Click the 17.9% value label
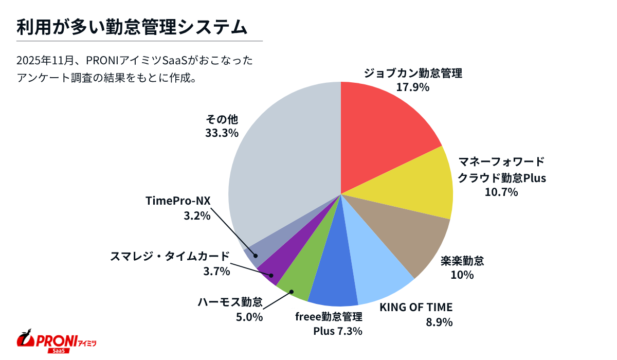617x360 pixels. point(412,87)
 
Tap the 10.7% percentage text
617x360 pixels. point(501,192)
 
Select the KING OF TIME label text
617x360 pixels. point(416,308)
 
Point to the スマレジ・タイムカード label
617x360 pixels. point(170,256)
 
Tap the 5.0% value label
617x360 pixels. point(249,317)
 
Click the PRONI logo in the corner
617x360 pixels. point(57,340)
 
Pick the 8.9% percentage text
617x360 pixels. point(439,322)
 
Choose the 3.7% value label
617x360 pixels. point(216,271)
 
